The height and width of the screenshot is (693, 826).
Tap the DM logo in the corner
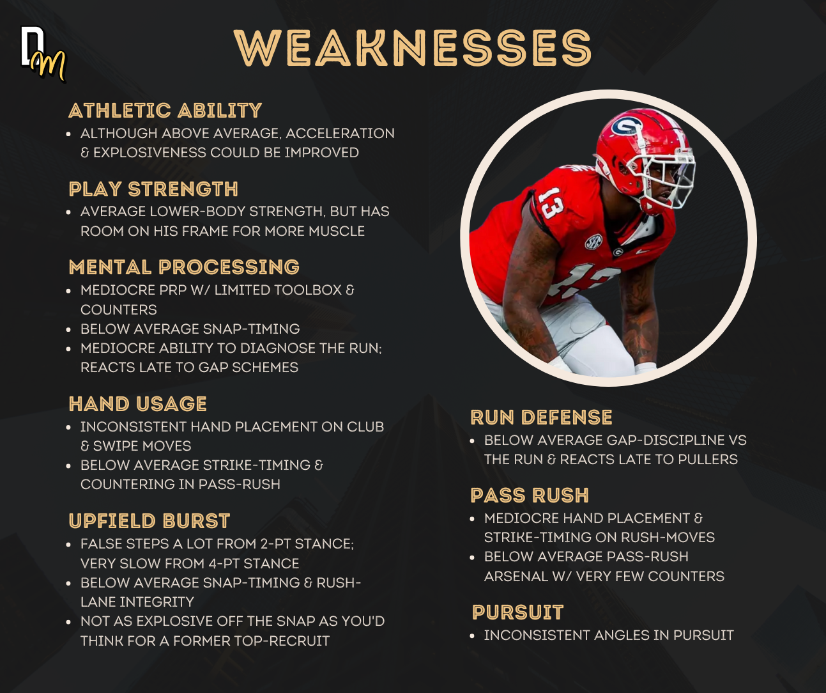(x=43, y=54)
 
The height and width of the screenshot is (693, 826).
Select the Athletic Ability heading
(x=165, y=111)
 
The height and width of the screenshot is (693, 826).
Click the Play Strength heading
(x=153, y=189)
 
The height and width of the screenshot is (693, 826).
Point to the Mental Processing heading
(x=184, y=267)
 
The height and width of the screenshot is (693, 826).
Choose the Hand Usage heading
(x=138, y=404)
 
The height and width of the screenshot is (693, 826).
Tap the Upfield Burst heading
(x=149, y=521)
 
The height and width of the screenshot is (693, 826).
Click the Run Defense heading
(x=541, y=417)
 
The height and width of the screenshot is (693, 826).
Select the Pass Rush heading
(x=530, y=495)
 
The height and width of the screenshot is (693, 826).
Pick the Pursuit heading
(x=518, y=612)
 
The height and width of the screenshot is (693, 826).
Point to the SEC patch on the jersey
(x=593, y=241)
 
